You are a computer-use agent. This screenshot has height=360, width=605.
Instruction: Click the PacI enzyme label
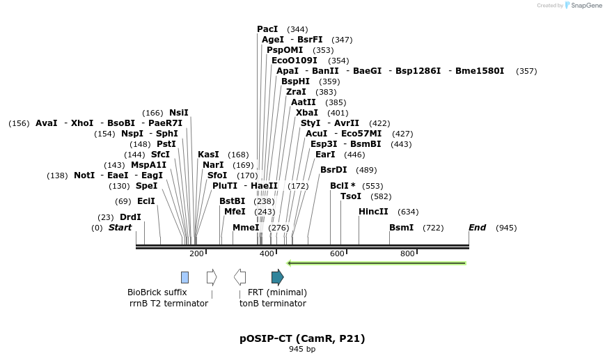coord(267,29)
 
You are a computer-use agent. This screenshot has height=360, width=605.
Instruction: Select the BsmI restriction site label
coord(401,228)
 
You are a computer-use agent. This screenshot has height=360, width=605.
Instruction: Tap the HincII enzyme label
coord(373,212)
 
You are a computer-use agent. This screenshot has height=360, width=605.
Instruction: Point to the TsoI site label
coord(351,196)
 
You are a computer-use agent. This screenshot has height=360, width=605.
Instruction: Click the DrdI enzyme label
coord(130,217)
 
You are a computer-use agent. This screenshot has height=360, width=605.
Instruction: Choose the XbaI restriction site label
coord(307,113)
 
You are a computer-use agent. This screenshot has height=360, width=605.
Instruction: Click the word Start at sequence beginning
coord(120,228)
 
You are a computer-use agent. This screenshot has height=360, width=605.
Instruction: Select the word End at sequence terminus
coord(477,228)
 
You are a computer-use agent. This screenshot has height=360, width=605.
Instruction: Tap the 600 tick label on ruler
coord(338,254)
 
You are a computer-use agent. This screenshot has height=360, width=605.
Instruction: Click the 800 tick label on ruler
coord(408,254)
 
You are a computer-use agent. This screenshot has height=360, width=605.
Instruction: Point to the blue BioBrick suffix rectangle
coord(184,277)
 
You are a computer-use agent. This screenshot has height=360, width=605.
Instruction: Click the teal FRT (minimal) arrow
coord(277,277)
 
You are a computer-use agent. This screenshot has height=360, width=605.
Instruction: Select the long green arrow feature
coord(376,263)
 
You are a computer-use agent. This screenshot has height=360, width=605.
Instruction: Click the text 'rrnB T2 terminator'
coord(168,304)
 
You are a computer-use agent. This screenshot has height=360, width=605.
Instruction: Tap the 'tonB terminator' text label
coord(273,304)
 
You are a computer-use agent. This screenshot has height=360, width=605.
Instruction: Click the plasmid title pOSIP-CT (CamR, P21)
coord(302,339)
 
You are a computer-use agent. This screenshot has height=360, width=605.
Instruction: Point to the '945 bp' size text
coord(302,350)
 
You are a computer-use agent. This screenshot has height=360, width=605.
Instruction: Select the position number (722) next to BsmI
coord(433,228)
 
